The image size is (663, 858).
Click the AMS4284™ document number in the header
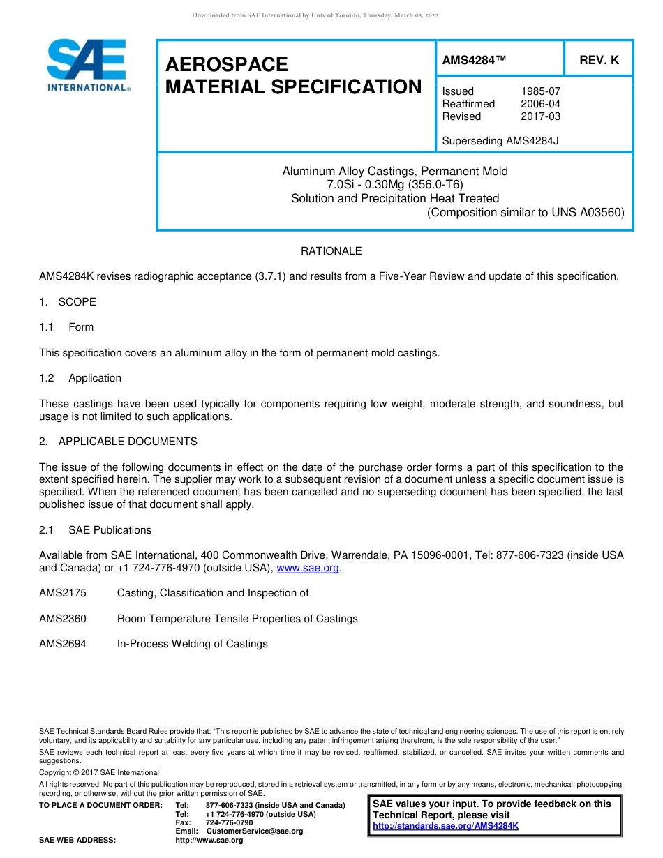point(474,61)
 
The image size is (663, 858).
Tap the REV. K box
point(599,61)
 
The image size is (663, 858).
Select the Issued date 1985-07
point(540,91)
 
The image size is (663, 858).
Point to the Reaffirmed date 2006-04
point(540,104)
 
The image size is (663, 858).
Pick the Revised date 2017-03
point(540,116)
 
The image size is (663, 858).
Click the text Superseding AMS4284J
point(500,141)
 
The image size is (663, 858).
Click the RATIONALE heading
point(331,251)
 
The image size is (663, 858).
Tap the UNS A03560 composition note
point(526,212)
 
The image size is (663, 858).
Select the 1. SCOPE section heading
point(68,302)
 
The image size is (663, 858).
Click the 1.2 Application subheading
point(80,378)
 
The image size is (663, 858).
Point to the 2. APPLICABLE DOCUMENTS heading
point(118,442)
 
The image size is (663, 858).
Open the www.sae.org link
point(308,569)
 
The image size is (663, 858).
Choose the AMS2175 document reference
point(63,593)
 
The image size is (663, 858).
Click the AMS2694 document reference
point(63,644)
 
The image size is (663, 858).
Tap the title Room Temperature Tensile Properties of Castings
point(237,619)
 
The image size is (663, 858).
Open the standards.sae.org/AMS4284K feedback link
point(445,827)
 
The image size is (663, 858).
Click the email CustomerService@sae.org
point(255,831)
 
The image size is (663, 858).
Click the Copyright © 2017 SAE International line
point(99,773)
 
